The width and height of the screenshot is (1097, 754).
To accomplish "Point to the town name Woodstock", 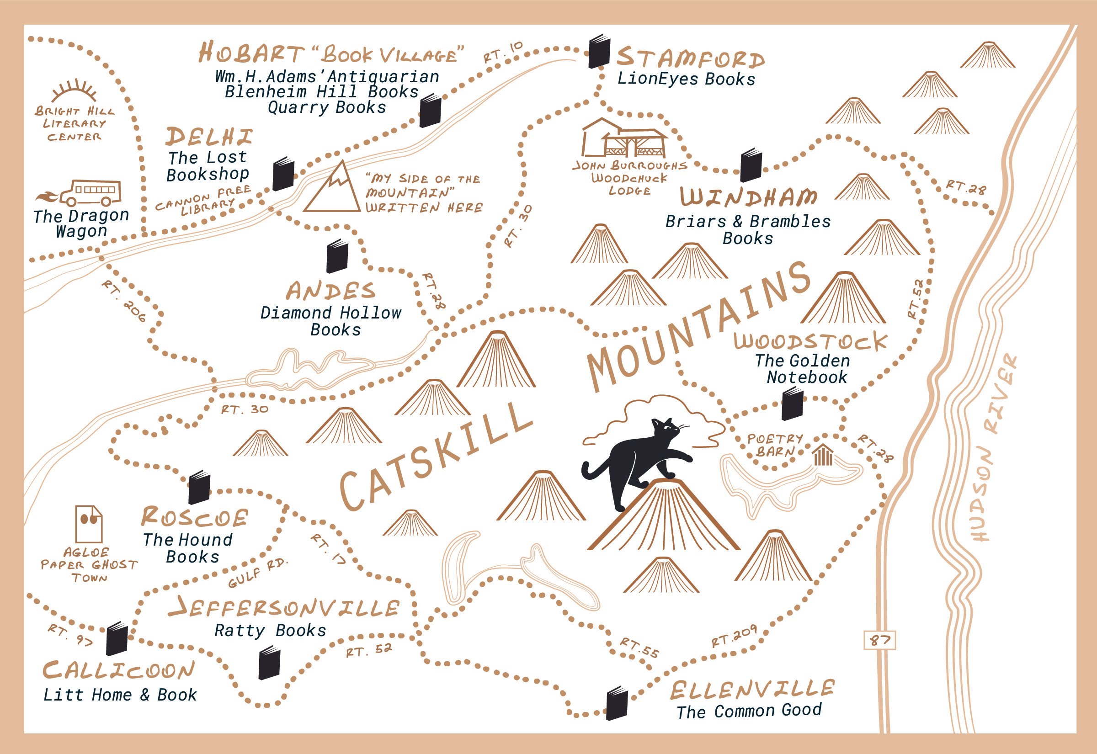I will (810, 341).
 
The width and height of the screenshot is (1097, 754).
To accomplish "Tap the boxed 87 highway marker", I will (880, 640).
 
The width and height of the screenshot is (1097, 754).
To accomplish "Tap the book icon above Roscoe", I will (199, 487).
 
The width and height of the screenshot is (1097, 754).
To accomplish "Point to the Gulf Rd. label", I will (257, 573).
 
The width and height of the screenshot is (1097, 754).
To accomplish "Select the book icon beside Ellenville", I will (617, 703).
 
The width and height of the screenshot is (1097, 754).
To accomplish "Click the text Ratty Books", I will (270, 631).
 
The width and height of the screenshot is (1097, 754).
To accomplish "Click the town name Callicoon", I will (118, 670).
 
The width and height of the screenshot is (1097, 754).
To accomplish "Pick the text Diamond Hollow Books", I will (331, 321).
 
